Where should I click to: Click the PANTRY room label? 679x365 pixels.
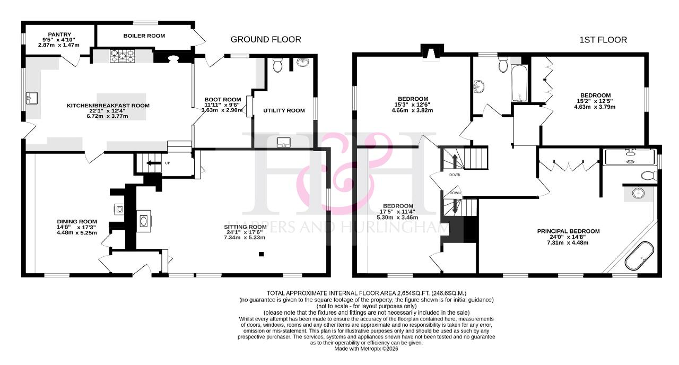click(59, 34)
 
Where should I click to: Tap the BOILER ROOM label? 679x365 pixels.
click(144, 36)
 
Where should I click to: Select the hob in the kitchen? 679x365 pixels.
click(123, 56)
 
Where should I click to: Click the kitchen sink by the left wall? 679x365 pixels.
click(31, 98)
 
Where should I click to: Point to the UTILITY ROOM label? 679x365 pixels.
click(284, 111)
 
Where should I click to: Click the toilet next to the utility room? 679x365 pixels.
click(277, 65)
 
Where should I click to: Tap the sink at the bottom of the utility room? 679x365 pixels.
click(284, 143)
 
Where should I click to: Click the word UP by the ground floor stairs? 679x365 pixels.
click(167, 163)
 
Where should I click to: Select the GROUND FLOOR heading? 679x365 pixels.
click(266, 40)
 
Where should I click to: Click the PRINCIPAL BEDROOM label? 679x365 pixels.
click(568, 231)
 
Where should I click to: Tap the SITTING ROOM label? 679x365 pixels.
click(245, 227)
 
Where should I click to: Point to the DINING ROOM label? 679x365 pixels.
click(77, 222)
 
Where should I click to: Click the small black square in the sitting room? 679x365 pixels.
click(262, 254)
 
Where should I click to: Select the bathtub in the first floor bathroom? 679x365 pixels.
click(519, 83)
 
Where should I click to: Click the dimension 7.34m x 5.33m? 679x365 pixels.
click(245, 238)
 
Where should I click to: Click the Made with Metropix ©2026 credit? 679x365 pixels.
click(366, 349)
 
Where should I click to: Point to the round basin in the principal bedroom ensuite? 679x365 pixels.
click(639, 193)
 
